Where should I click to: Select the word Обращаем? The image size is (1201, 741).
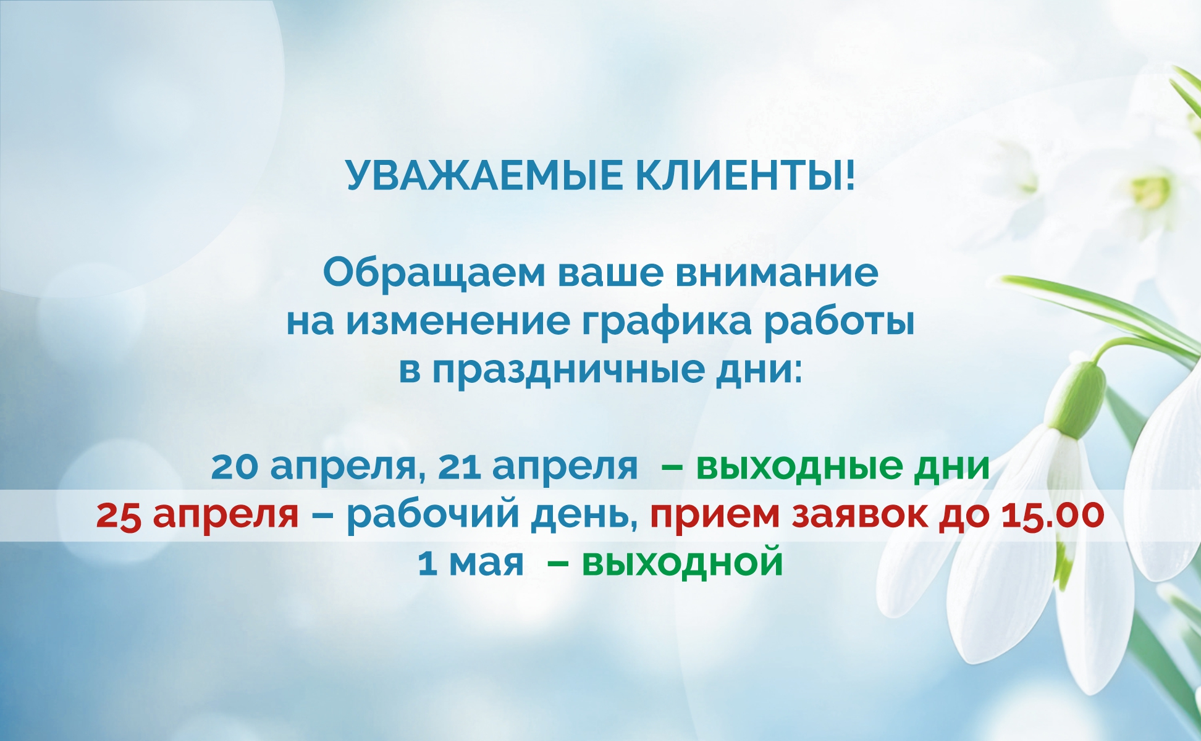pyautogui.click(x=434, y=274)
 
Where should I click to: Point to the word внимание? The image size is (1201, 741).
pyautogui.click(x=777, y=274)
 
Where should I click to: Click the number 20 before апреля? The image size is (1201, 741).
pyautogui.click(x=234, y=466)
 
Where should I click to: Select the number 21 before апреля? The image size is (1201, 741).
pyautogui.click(x=459, y=466)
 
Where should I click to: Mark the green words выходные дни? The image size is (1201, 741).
pyautogui.click(x=843, y=466)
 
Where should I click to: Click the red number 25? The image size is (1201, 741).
pyautogui.click(x=119, y=515)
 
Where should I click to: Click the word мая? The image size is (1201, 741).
pyautogui.click(x=486, y=564)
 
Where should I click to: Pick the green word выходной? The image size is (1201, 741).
pyautogui.click(x=682, y=563)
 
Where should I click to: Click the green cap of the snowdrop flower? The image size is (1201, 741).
pyautogui.click(x=1079, y=395)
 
